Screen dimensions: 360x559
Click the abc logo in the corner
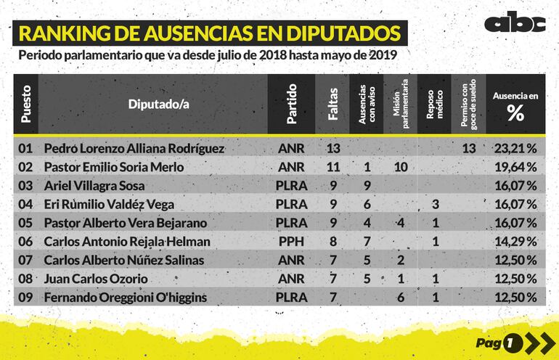(x=514, y=23)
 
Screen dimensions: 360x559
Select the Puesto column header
(x=26, y=103)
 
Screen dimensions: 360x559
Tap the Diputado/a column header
(x=158, y=104)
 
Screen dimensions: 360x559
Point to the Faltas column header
(x=333, y=104)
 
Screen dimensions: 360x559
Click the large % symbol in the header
(x=515, y=112)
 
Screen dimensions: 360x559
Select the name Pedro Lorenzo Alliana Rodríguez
(x=134, y=148)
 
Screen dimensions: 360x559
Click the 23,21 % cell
(x=515, y=148)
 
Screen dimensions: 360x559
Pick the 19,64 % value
(x=515, y=167)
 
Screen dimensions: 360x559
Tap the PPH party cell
(x=292, y=242)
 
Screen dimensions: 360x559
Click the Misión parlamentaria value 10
(x=400, y=167)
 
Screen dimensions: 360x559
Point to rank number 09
(x=25, y=298)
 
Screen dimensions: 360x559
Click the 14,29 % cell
(x=515, y=242)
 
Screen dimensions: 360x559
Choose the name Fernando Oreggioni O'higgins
(x=126, y=298)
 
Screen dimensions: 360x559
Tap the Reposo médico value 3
(x=435, y=205)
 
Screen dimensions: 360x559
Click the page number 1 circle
(x=513, y=342)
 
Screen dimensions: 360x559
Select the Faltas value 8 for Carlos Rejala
(x=333, y=242)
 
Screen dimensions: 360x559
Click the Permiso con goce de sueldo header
(x=469, y=104)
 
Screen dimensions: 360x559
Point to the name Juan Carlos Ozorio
(x=96, y=279)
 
